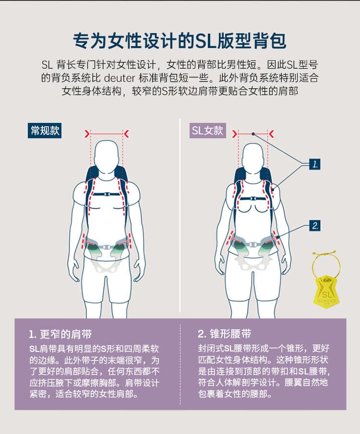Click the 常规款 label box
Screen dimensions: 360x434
[45, 131]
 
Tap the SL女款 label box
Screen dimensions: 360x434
[207, 131]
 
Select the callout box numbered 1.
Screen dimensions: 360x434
[314, 164]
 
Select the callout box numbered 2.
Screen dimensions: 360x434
[314, 226]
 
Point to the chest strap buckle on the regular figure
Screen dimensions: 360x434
[107, 194]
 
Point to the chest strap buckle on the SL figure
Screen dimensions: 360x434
[253, 198]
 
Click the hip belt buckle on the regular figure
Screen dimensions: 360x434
[106, 247]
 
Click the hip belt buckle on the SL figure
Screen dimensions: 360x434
[252, 244]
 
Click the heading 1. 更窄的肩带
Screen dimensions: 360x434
[60, 334]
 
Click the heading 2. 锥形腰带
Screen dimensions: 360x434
[225, 334]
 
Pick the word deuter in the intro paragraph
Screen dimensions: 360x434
[119, 78]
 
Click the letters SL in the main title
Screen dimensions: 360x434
[205, 41]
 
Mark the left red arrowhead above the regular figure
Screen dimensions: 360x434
[87, 133]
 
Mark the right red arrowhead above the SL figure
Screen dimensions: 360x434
[271, 134]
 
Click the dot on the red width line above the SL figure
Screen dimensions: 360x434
[253, 134]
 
